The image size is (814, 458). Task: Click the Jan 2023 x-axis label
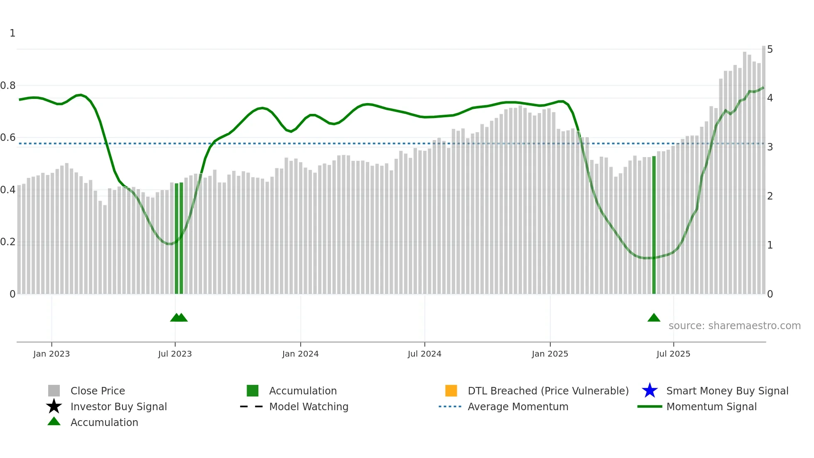(x=51, y=354)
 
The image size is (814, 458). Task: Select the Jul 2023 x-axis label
(x=175, y=354)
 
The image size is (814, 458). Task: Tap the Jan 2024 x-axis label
(x=300, y=354)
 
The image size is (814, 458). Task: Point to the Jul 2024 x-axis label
(x=424, y=354)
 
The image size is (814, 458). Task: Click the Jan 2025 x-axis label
(x=550, y=354)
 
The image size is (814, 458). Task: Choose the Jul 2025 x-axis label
(x=673, y=354)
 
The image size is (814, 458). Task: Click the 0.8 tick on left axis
(x=8, y=86)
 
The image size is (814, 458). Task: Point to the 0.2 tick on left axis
(x=8, y=242)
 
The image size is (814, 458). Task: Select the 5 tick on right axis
(x=770, y=49)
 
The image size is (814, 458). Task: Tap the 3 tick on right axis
(x=770, y=147)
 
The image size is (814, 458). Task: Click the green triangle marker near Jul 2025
(x=654, y=318)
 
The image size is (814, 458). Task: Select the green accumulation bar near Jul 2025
(x=654, y=224)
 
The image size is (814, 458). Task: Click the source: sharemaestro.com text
(x=734, y=326)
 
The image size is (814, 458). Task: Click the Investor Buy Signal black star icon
(x=54, y=406)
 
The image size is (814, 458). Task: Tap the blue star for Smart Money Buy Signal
(x=650, y=391)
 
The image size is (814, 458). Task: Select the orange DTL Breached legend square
(x=451, y=391)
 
